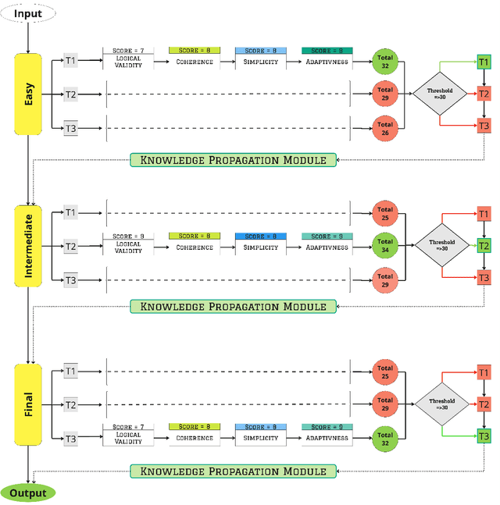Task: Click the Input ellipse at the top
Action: pyautogui.click(x=29, y=12)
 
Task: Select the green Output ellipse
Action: pyautogui.click(x=28, y=493)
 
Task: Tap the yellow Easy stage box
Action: pyautogui.click(x=28, y=94)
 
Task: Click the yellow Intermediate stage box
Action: pyautogui.click(x=28, y=246)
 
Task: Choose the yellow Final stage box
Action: pyautogui.click(x=28, y=404)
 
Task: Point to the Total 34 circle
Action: pyautogui.click(x=384, y=246)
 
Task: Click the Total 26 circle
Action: pyautogui.click(x=384, y=128)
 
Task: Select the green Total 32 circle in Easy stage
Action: pyautogui.click(x=384, y=61)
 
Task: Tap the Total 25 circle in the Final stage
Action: pyautogui.click(x=384, y=372)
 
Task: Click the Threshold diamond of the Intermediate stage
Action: pyautogui.click(x=442, y=246)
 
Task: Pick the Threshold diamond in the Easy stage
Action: pyautogui.click(x=441, y=94)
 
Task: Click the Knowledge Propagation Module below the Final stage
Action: pyautogui.click(x=233, y=471)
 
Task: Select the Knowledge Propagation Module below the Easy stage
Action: pyautogui.click(x=233, y=160)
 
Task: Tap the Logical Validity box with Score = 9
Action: pyautogui.click(x=128, y=244)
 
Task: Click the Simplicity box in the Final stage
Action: pyautogui.click(x=261, y=434)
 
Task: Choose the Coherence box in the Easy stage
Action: pyautogui.click(x=195, y=58)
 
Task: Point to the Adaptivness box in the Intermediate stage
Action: pyautogui.click(x=327, y=244)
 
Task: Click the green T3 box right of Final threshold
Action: pyautogui.click(x=484, y=436)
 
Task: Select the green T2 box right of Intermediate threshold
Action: pyautogui.click(x=484, y=246)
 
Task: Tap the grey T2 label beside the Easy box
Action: pyautogui.click(x=71, y=94)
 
